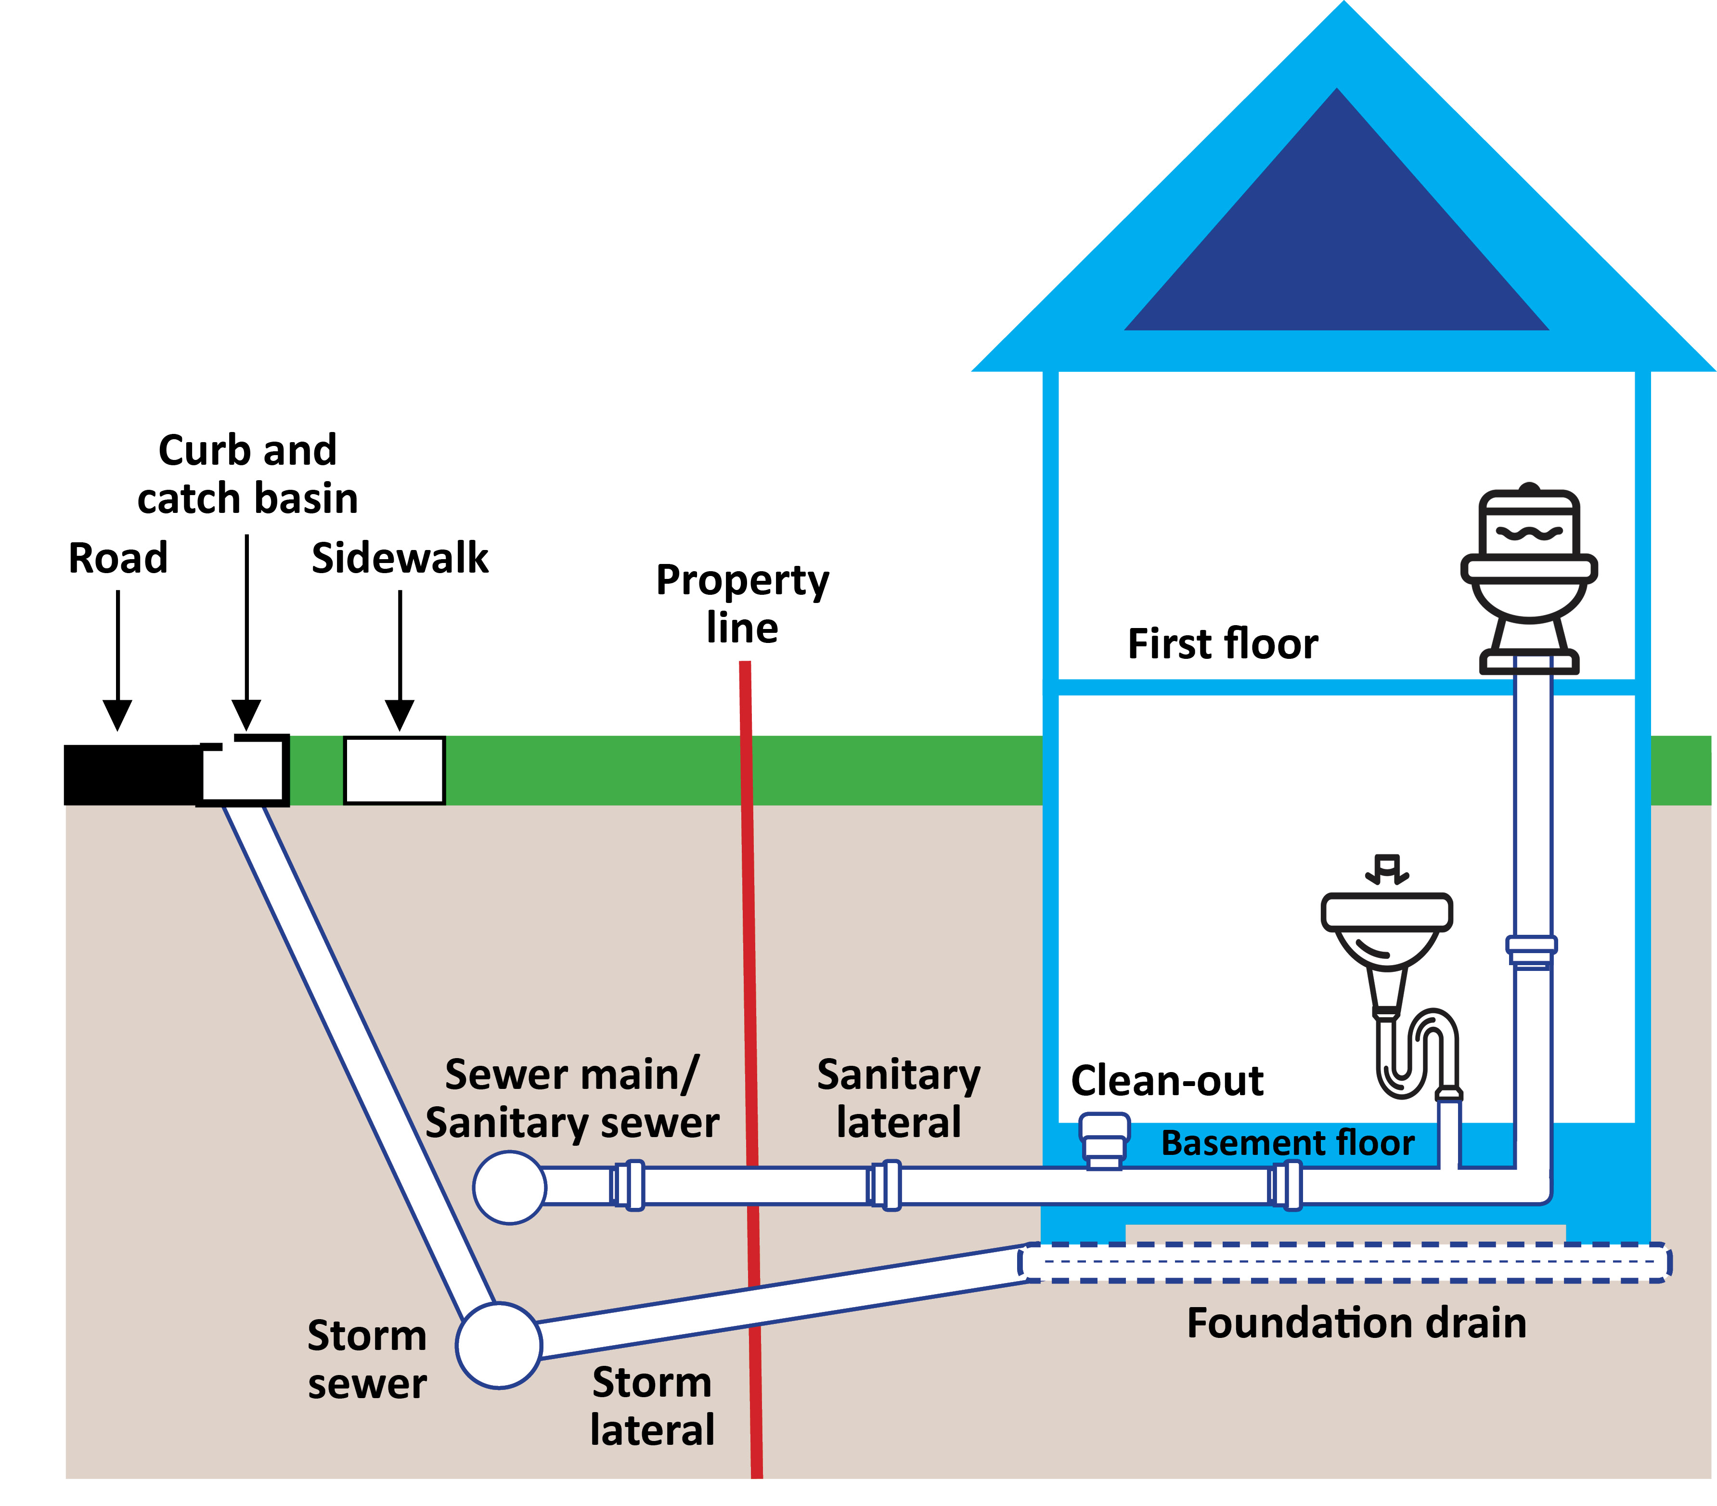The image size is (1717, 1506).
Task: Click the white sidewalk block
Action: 394,770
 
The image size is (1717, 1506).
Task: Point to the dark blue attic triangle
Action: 1336,244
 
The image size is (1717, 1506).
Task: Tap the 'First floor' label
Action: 1222,644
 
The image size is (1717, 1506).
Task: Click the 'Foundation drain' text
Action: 1356,1323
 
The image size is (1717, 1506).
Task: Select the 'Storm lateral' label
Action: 652,1405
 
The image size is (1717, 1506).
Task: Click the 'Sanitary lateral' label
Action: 898,1099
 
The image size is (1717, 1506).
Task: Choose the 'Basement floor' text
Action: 1288,1143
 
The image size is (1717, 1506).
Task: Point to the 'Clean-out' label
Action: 1167,1081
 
